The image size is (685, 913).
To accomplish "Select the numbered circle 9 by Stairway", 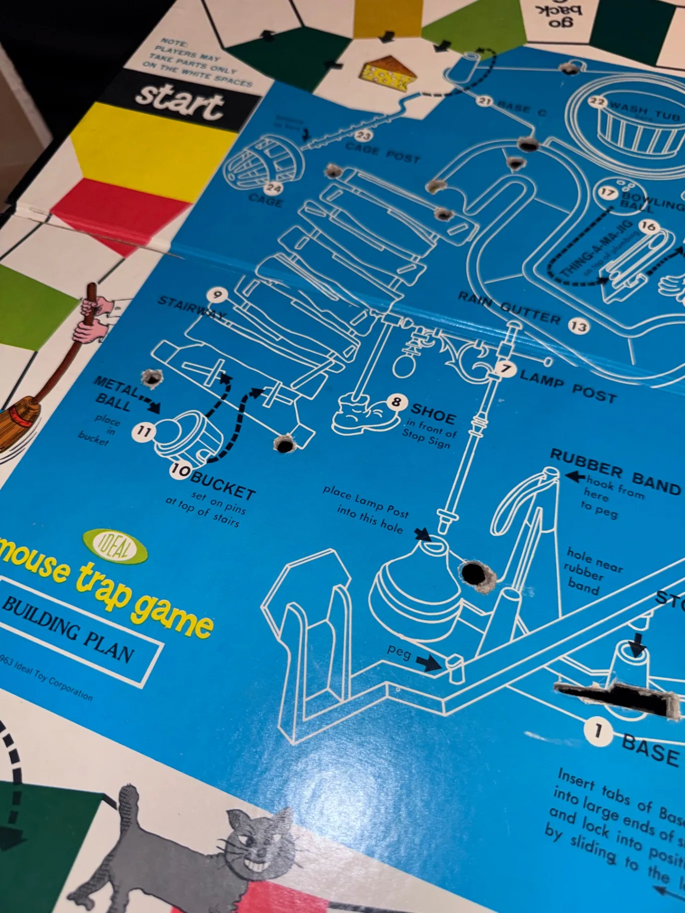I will click(x=217, y=294).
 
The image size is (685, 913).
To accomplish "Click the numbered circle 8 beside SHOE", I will click(x=396, y=401).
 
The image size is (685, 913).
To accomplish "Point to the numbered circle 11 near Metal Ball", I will click(x=144, y=431).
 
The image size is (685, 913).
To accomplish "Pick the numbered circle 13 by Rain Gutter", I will click(x=579, y=326).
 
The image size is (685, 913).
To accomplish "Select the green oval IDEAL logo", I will click(x=115, y=546).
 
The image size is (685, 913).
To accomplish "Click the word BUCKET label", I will click(x=223, y=485).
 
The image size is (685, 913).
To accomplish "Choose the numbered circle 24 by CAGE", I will click(x=274, y=189).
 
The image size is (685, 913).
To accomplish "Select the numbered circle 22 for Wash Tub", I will click(x=597, y=102).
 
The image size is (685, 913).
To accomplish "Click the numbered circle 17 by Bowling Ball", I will click(x=607, y=193).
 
